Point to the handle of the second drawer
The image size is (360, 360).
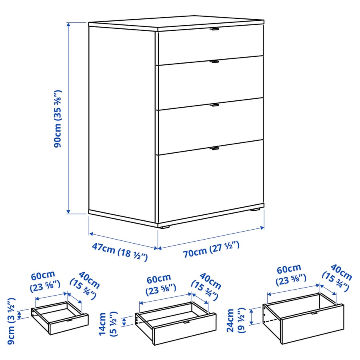click(x=215, y=62)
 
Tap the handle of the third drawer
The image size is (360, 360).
click(x=215, y=105)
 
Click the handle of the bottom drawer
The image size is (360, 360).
click(x=215, y=148)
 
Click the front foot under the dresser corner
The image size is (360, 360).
click(x=164, y=226)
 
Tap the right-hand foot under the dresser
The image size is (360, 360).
click(x=255, y=209)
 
